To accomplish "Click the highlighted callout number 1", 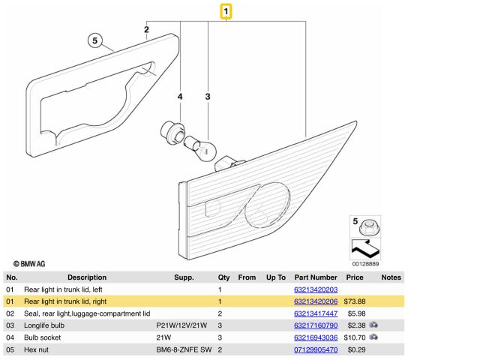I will pos(226,11).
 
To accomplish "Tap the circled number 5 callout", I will pos(94,40).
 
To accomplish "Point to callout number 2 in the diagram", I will pos(147,31).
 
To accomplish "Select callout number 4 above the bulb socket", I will pos(180,97).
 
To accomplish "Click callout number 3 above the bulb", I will pos(208,97).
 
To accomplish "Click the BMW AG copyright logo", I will pos(29,264).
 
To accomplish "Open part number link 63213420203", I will pos(315,289).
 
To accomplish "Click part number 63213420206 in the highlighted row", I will pos(315,301).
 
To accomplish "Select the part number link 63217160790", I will pos(315,325).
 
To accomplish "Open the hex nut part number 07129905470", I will pos(315,349).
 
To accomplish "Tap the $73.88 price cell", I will pos(354,301).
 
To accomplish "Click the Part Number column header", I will pos(316,277).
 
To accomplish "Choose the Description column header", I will pos(87,277).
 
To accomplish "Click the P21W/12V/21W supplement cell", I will pos(181,325).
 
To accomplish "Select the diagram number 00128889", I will pos(367,264).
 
